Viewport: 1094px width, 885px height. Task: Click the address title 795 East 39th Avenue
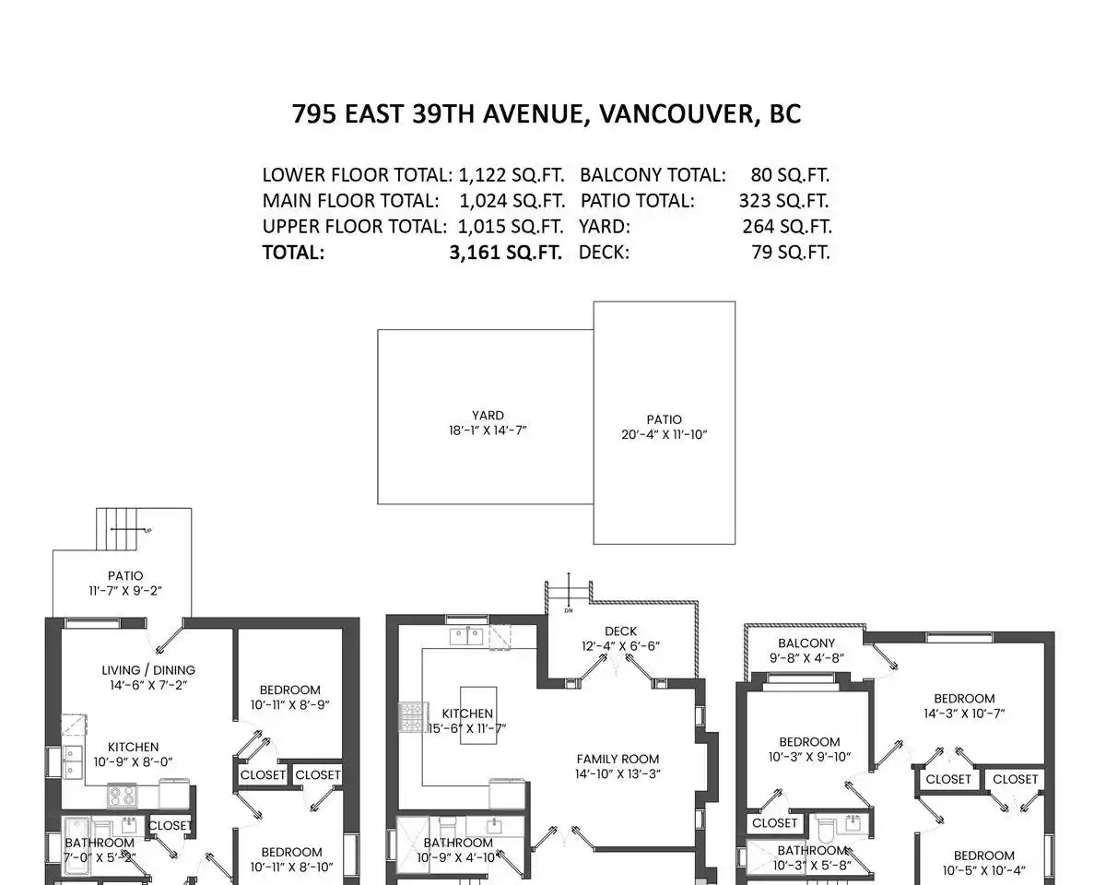(547, 113)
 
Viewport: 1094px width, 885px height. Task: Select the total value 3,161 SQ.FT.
(505, 253)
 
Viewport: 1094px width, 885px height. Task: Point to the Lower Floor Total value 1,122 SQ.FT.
(511, 175)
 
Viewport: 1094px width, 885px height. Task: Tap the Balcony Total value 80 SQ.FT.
(790, 175)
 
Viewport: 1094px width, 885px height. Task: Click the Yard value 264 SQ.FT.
(787, 227)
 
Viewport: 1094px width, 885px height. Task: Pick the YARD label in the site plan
(488, 415)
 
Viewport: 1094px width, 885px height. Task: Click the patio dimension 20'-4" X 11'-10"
(665, 434)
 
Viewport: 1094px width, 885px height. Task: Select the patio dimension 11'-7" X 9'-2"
(125, 591)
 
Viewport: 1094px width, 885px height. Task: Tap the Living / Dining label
(148, 670)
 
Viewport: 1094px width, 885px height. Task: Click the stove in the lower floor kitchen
(122, 796)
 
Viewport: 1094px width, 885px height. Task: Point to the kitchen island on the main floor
(478, 715)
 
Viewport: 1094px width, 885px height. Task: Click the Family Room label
(618, 759)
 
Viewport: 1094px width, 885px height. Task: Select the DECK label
(621, 631)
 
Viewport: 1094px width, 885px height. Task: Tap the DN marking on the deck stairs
(569, 610)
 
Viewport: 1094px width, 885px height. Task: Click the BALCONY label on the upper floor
(806, 643)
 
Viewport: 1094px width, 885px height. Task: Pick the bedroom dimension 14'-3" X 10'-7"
(964, 714)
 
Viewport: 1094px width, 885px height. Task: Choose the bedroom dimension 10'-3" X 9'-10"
(809, 757)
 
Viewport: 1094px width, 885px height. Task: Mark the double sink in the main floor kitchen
(466, 636)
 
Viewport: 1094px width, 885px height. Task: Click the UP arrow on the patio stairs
(131, 530)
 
